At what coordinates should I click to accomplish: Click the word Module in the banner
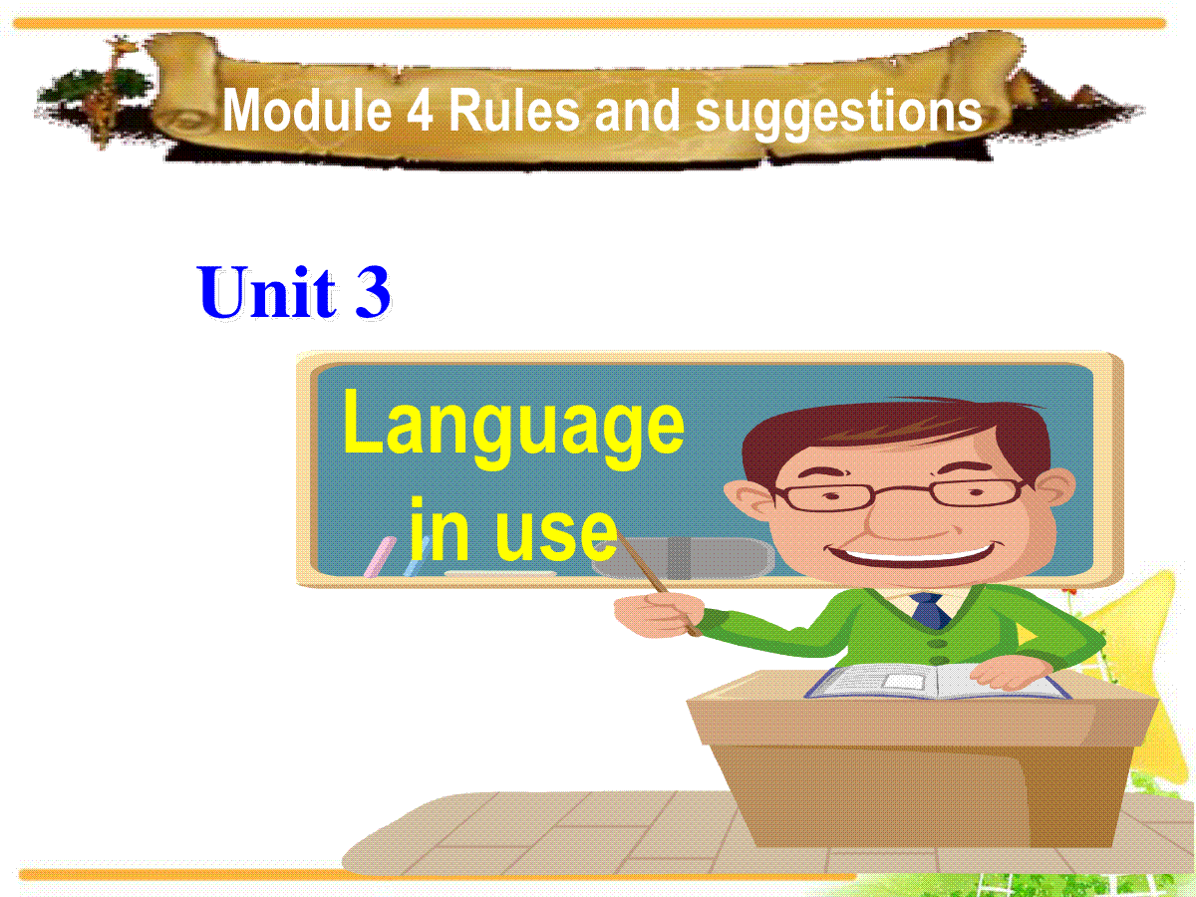307,111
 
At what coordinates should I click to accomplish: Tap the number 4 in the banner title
421,112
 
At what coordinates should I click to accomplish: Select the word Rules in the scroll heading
514,111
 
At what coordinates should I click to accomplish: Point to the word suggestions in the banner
838,116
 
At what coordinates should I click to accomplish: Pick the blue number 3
373,291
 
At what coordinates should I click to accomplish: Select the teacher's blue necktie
930,611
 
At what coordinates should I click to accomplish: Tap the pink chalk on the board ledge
380,556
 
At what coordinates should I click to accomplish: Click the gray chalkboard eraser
683,558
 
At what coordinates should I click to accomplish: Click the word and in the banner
637,111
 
